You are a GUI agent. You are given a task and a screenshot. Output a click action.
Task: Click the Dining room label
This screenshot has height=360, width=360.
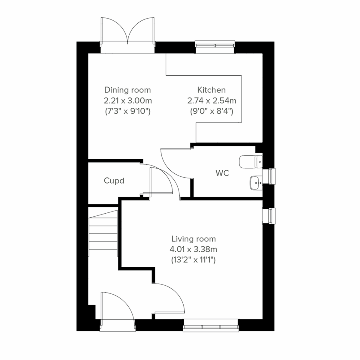point(127,90)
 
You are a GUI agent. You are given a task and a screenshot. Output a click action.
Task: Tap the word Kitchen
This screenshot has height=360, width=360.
point(211,90)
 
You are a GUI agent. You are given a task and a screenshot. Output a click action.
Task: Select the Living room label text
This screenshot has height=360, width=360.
point(193,239)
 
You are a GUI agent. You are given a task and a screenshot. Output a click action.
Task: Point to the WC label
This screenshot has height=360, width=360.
point(222,173)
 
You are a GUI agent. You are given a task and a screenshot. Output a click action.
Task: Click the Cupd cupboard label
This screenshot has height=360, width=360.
point(114,181)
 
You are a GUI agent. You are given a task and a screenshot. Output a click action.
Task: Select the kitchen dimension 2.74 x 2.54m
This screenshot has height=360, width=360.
point(211,100)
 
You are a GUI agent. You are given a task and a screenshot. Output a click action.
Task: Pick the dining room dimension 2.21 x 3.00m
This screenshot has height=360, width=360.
point(127,100)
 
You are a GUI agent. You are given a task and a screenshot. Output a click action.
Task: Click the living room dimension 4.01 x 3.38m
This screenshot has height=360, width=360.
point(193,249)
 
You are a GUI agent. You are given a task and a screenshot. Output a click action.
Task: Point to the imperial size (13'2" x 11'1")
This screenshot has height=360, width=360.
point(193,260)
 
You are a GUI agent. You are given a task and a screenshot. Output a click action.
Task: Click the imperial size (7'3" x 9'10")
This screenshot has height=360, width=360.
point(127,111)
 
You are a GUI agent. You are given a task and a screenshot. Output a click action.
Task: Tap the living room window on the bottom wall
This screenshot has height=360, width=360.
point(211,326)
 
